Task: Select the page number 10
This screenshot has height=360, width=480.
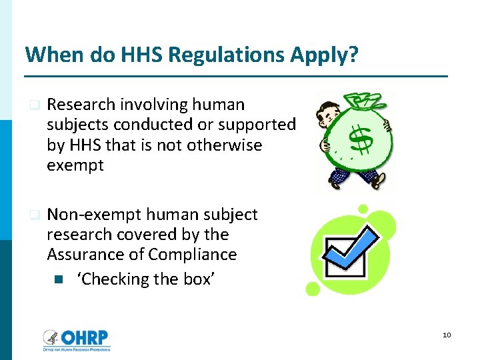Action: coord(447,334)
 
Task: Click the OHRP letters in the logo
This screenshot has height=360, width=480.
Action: coord(85,337)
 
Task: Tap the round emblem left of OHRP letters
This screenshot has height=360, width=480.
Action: coord(50,338)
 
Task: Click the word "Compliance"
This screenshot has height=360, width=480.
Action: coord(193,255)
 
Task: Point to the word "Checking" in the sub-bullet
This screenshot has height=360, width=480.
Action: coord(111,279)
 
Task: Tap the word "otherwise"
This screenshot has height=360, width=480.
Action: coord(229,145)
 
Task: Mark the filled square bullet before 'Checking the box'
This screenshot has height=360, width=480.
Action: coord(58,279)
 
